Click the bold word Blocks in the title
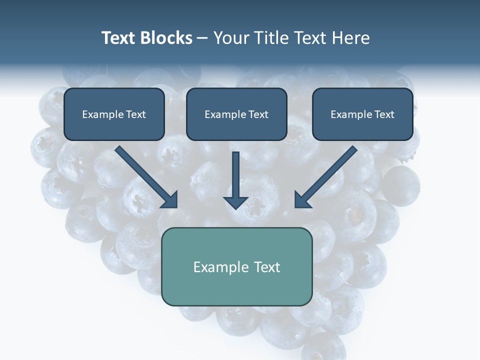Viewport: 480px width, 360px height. point(165,38)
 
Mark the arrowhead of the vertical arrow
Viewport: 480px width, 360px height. point(236,202)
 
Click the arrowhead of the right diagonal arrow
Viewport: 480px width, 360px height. point(302,199)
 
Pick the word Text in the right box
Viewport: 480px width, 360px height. point(384,114)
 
